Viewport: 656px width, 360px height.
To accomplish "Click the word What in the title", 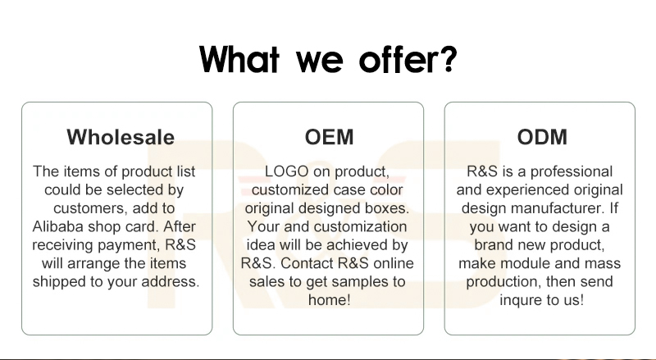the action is tap(239, 59).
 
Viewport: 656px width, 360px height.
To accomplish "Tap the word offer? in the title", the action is tap(408, 58).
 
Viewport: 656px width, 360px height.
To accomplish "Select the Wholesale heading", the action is tap(121, 137).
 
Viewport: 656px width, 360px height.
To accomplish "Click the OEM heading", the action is tap(330, 137).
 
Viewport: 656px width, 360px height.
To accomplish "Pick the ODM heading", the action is tap(542, 137).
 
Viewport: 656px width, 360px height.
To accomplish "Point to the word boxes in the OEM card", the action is tap(387, 208).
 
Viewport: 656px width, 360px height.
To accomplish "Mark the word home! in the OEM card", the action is tap(330, 299).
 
